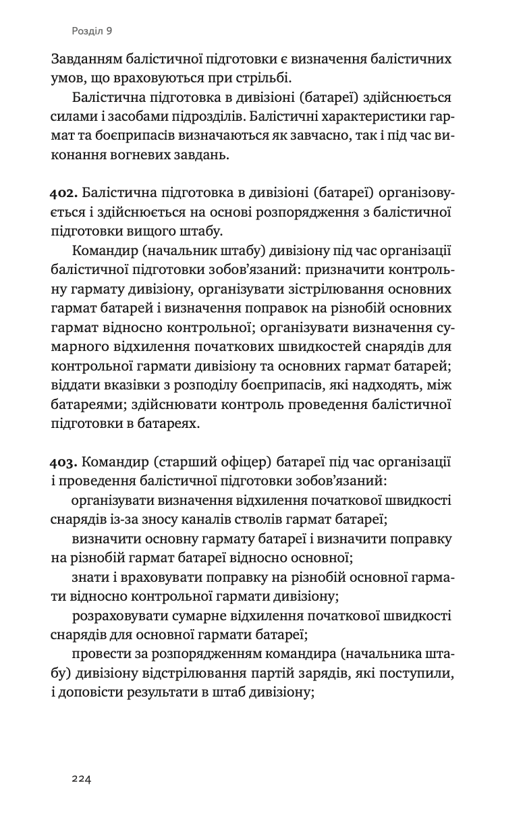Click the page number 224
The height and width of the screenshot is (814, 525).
click(x=81, y=779)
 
